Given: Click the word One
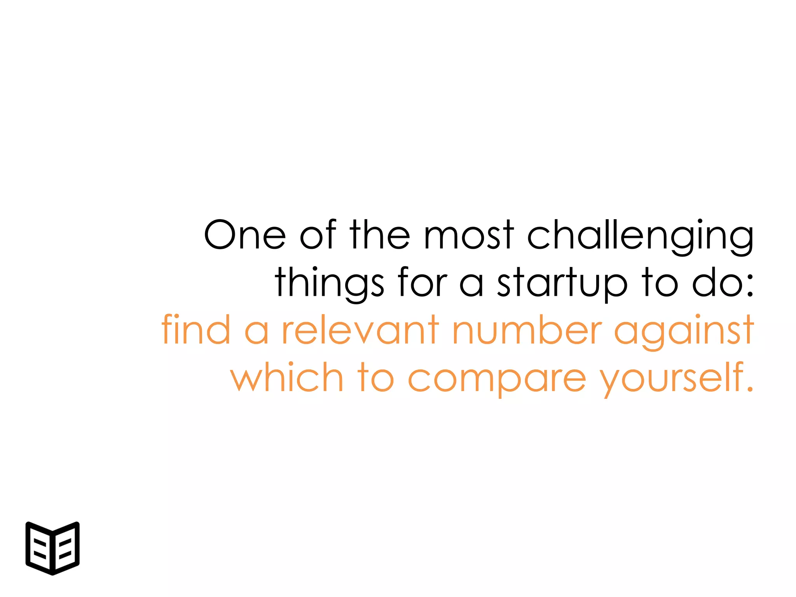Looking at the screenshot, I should pyautogui.click(x=245, y=235).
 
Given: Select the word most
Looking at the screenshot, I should pyautogui.click(x=469, y=235).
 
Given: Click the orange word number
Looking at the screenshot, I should pyautogui.click(x=527, y=330).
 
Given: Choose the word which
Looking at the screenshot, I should pyautogui.click(x=287, y=377).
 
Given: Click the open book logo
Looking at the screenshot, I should pyautogui.click(x=52, y=548).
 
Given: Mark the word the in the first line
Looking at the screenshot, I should pyautogui.click(x=379, y=235).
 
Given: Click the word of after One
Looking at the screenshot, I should pyautogui.click(x=318, y=235).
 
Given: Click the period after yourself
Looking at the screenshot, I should pyautogui.click(x=750, y=388).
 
